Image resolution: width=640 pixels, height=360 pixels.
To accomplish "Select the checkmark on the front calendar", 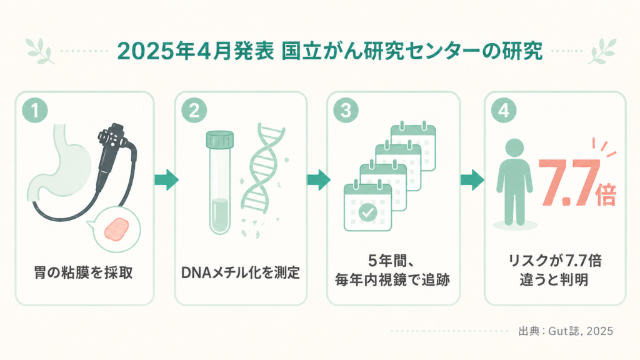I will (x=367, y=212).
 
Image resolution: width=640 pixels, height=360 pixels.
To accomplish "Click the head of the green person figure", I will (x=514, y=149).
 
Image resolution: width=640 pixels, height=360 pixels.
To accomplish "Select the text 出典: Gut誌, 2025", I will (x=565, y=331).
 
